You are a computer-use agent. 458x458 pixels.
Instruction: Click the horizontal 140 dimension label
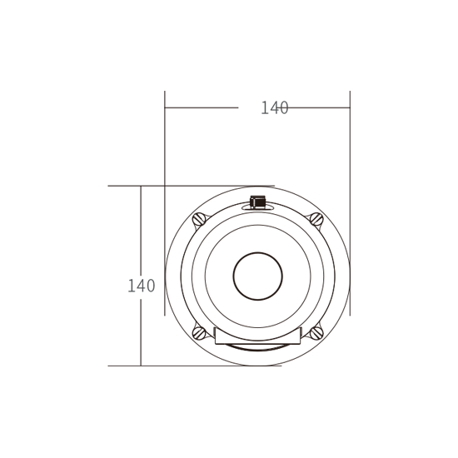pos(275,107)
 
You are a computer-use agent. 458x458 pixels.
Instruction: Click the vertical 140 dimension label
pos(142,286)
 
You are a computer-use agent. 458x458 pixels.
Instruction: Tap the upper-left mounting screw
pos(199,219)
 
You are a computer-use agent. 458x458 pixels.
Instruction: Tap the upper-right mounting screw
pos(316,219)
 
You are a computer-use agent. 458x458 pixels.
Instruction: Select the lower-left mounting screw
pos(199,333)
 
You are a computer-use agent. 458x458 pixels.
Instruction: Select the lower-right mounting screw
pos(316,333)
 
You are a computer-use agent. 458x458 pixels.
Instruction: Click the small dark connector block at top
pos(257,202)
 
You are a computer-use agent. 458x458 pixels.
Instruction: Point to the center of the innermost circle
pos(257,276)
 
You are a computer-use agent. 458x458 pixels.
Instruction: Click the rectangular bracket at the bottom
pos(258,336)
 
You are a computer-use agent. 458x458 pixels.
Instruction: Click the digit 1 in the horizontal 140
pos(264,107)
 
